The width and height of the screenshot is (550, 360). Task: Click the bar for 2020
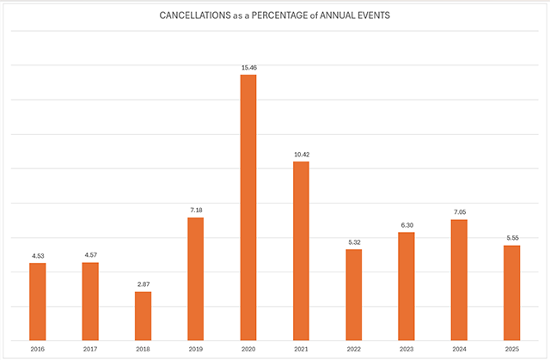click(248, 207)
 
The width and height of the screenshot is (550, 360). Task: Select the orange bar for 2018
click(143, 315)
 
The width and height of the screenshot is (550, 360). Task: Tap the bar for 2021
click(301, 250)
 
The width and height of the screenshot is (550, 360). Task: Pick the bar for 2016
click(37, 301)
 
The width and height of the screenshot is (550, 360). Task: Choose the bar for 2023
click(406, 285)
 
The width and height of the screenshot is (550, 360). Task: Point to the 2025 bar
click(512, 292)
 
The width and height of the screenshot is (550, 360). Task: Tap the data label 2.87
click(143, 284)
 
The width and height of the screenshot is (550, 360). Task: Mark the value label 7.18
click(195, 210)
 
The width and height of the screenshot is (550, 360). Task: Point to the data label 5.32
click(354, 241)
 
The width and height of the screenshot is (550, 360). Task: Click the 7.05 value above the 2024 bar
click(459, 211)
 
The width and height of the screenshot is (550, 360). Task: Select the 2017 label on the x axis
click(90, 349)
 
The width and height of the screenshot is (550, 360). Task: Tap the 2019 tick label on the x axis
click(195, 349)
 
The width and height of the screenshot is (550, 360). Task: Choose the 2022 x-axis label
click(354, 349)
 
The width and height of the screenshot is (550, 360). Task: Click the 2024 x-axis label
click(459, 349)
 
